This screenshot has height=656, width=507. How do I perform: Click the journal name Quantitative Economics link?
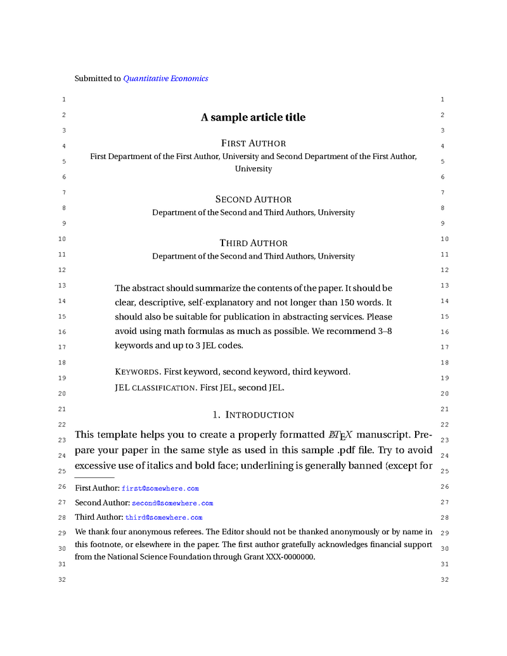[165, 79]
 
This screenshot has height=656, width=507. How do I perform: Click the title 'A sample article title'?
[253, 117]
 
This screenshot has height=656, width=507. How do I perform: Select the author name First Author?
[253, 143]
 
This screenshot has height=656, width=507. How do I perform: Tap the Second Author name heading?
[253, 199]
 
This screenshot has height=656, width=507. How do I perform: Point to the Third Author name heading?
[253, 243]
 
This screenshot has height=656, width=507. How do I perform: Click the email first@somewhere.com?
[160, 489]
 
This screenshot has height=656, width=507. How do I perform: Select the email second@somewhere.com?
[172, 503]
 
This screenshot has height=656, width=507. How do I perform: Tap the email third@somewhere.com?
[164, 518]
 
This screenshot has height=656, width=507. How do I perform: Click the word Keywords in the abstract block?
[138, 372]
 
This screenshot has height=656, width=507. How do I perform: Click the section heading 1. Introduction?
[253, 415]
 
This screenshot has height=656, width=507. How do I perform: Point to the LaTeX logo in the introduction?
[340, 435]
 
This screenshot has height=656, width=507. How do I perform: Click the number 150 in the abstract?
[341, 303]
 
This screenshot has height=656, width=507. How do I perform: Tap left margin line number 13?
[61, 286]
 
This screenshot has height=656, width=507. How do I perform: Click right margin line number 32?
[444, 580]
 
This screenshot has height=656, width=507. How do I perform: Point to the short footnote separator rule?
[94, 477]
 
